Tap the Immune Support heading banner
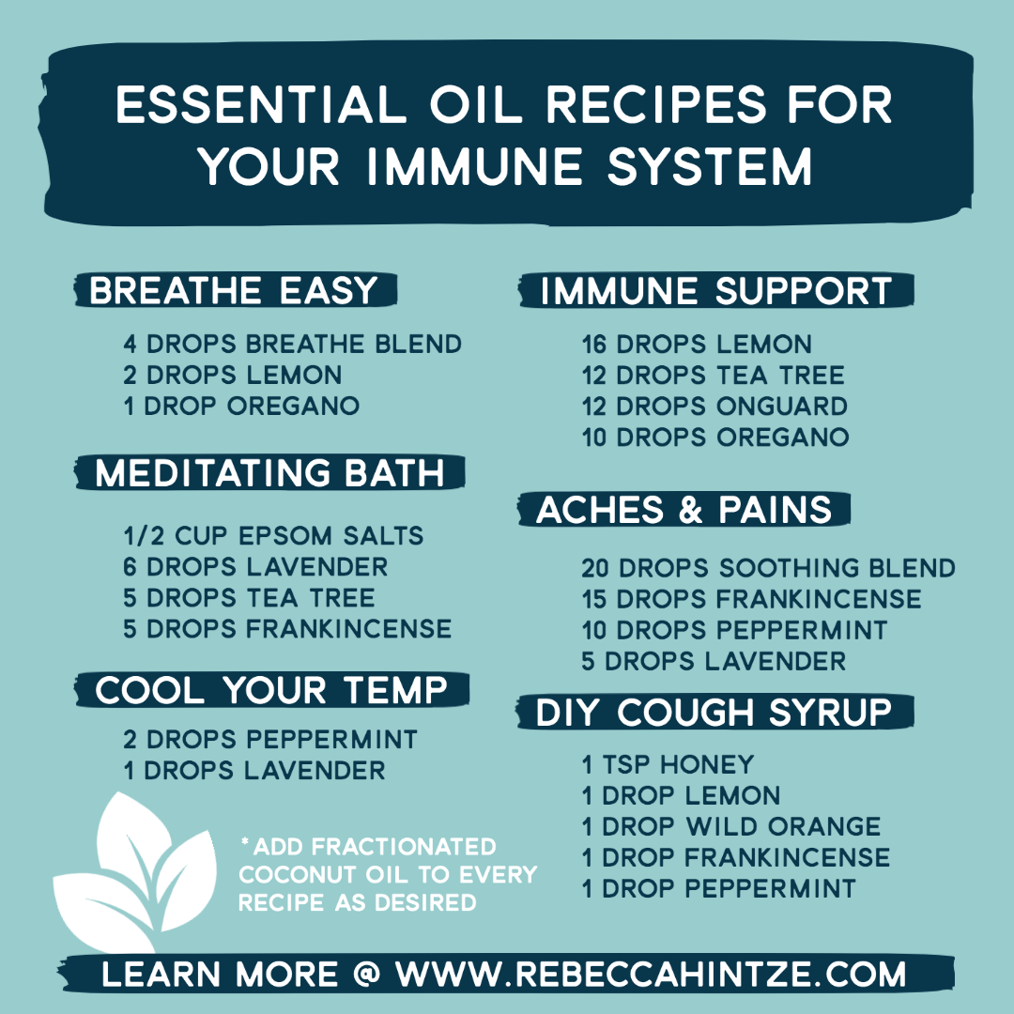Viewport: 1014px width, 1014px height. (x=715, y=290)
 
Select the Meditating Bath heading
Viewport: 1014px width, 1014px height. (x=269, y=472)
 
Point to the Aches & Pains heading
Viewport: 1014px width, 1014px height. (x=684, y=510)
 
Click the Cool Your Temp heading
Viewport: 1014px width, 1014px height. (x=271, y=690)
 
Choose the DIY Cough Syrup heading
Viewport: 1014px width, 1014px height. (x=714, y=712)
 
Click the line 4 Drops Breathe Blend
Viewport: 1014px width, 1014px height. (x=292, y=344)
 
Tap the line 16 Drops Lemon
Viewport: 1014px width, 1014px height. (x=697, y=344)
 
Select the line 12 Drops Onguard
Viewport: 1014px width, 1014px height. (x=714, y=407)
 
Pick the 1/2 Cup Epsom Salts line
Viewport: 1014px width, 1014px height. (x=273, y=535)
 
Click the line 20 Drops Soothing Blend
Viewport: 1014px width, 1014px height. (x=768, y=568)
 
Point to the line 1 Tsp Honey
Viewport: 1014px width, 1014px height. (x=668, y=764)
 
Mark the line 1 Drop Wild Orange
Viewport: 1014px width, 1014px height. (x=731, y=826)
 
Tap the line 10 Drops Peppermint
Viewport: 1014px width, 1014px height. (x=734, y=630)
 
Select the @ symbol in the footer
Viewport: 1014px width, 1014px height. (x=367, y=974)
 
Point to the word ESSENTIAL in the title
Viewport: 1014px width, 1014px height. (x=261, y=104)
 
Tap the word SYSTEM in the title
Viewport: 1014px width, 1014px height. (x=710, y=166)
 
